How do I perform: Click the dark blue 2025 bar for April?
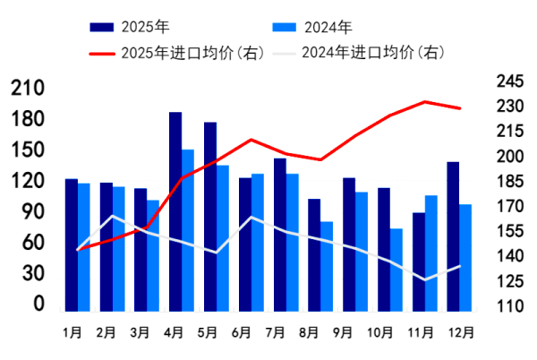175,210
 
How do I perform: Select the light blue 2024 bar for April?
188,229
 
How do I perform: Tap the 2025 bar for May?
210,216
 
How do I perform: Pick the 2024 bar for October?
396,269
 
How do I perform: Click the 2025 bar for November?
419,261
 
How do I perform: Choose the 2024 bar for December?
465,256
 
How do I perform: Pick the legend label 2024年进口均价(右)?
371,52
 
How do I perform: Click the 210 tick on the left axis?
28,88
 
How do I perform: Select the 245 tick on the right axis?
508,81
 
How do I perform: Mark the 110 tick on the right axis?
508,306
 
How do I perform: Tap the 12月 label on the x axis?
459,332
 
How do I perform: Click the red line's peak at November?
425,102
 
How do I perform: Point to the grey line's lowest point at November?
425,279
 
